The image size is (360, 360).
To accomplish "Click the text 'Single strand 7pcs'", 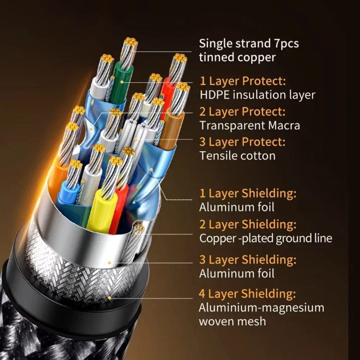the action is [249, 44].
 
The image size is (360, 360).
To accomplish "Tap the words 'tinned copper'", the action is [237, 57].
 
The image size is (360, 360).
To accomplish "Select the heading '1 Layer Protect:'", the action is [243, 81].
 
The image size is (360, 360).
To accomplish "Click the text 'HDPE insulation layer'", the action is [257, 95].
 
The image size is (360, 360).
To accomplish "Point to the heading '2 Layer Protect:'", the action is [242, 112].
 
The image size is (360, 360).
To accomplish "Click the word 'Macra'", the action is [284, 126].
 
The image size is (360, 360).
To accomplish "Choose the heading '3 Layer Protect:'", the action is [242, 142].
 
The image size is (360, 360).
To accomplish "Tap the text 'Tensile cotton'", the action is [237, 156].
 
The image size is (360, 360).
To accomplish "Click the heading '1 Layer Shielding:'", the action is [248, 193].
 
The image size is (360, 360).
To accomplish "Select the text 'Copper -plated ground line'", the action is [266, 238].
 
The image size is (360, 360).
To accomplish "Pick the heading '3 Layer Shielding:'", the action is [248, 260].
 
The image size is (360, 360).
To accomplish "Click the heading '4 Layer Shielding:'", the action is [247, 294].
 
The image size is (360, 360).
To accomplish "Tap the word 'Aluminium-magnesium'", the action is [261, 308].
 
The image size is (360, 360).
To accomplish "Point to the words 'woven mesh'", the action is [232, 321].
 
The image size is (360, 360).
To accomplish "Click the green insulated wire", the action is [120, 83].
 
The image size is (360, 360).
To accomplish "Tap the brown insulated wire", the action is [171, 128].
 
